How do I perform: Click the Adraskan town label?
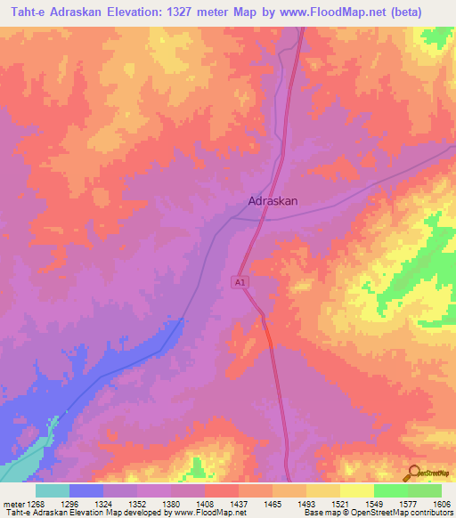pyautogui.click(x=273, y=201)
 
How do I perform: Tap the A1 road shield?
pyautogui.click(x=240, y=282)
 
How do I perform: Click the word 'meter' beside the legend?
pyautogui.click(x=12, y=504)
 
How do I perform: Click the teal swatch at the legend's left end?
pyautogui.click(x=52, y=490)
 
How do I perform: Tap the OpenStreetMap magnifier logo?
pyautogui.click(x=413, y=473)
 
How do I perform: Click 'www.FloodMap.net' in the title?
pyautogui.click(x=326, y=12)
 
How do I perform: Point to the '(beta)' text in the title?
pyautogui.click(x=404, y=12)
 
